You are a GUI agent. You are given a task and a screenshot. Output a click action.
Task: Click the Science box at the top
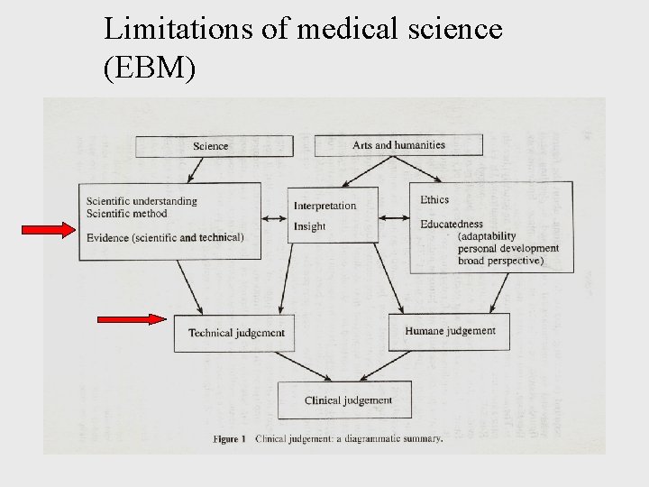214,146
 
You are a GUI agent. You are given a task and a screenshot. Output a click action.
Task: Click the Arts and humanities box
398,144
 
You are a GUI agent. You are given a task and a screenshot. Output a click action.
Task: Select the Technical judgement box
236,333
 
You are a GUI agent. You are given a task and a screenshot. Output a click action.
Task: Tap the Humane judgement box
449,331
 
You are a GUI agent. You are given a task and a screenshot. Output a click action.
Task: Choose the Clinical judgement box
348,400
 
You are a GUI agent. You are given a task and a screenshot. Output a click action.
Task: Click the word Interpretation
324,206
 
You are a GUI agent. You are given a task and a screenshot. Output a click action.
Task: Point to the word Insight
309,226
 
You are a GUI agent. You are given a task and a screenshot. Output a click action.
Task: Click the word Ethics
434,199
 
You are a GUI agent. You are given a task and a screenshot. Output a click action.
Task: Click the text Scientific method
126,214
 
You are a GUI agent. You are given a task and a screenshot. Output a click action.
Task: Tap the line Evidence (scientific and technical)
164,237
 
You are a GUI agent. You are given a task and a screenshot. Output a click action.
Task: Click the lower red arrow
131,318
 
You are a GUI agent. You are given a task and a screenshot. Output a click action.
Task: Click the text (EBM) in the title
150,68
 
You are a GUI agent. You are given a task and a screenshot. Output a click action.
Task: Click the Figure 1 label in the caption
229,439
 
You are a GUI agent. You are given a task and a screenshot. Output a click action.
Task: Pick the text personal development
507,248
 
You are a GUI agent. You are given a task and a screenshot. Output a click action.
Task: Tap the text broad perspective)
500,261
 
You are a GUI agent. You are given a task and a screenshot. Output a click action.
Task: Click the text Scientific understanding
142,201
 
